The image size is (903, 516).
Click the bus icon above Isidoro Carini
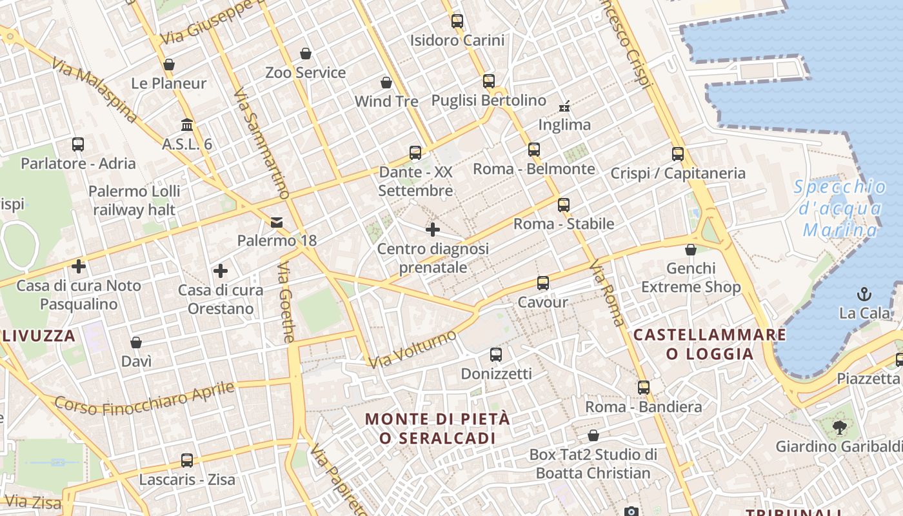coord(457,21)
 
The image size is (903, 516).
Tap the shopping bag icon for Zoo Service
coord(306,54)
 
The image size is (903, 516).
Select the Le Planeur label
coord(169,83)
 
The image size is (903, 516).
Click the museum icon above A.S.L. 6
coord(187,124)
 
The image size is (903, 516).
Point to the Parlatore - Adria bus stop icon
coord(78,144)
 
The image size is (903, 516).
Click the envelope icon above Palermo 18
coord(277,223)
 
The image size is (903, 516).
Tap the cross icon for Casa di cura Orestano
coord(221,271)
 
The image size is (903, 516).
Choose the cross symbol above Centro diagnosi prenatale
coord(433,230)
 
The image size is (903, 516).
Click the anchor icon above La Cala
coord(864,295)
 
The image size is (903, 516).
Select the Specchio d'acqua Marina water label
coord(840,208)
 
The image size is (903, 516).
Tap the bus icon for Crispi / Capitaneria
coord(677,154)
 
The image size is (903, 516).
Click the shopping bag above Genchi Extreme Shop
coord(691,250)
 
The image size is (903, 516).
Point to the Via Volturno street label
coord(413,349)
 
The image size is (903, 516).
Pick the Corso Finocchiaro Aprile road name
coord(144,397)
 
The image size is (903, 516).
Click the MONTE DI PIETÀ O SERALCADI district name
coord(437,428)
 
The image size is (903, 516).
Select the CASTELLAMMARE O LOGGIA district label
coord(709,344)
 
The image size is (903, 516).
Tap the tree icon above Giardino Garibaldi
coord(840,426)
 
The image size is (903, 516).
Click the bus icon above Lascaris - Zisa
coord(187,461)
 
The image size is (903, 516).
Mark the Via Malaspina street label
coord(95,91)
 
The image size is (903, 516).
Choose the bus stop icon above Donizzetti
coord(496,355)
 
